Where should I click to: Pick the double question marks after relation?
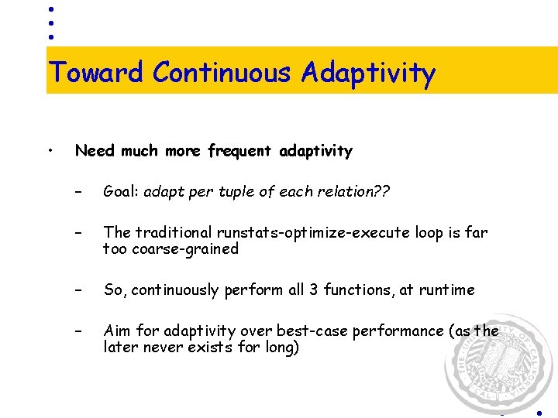tap(380, 192)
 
